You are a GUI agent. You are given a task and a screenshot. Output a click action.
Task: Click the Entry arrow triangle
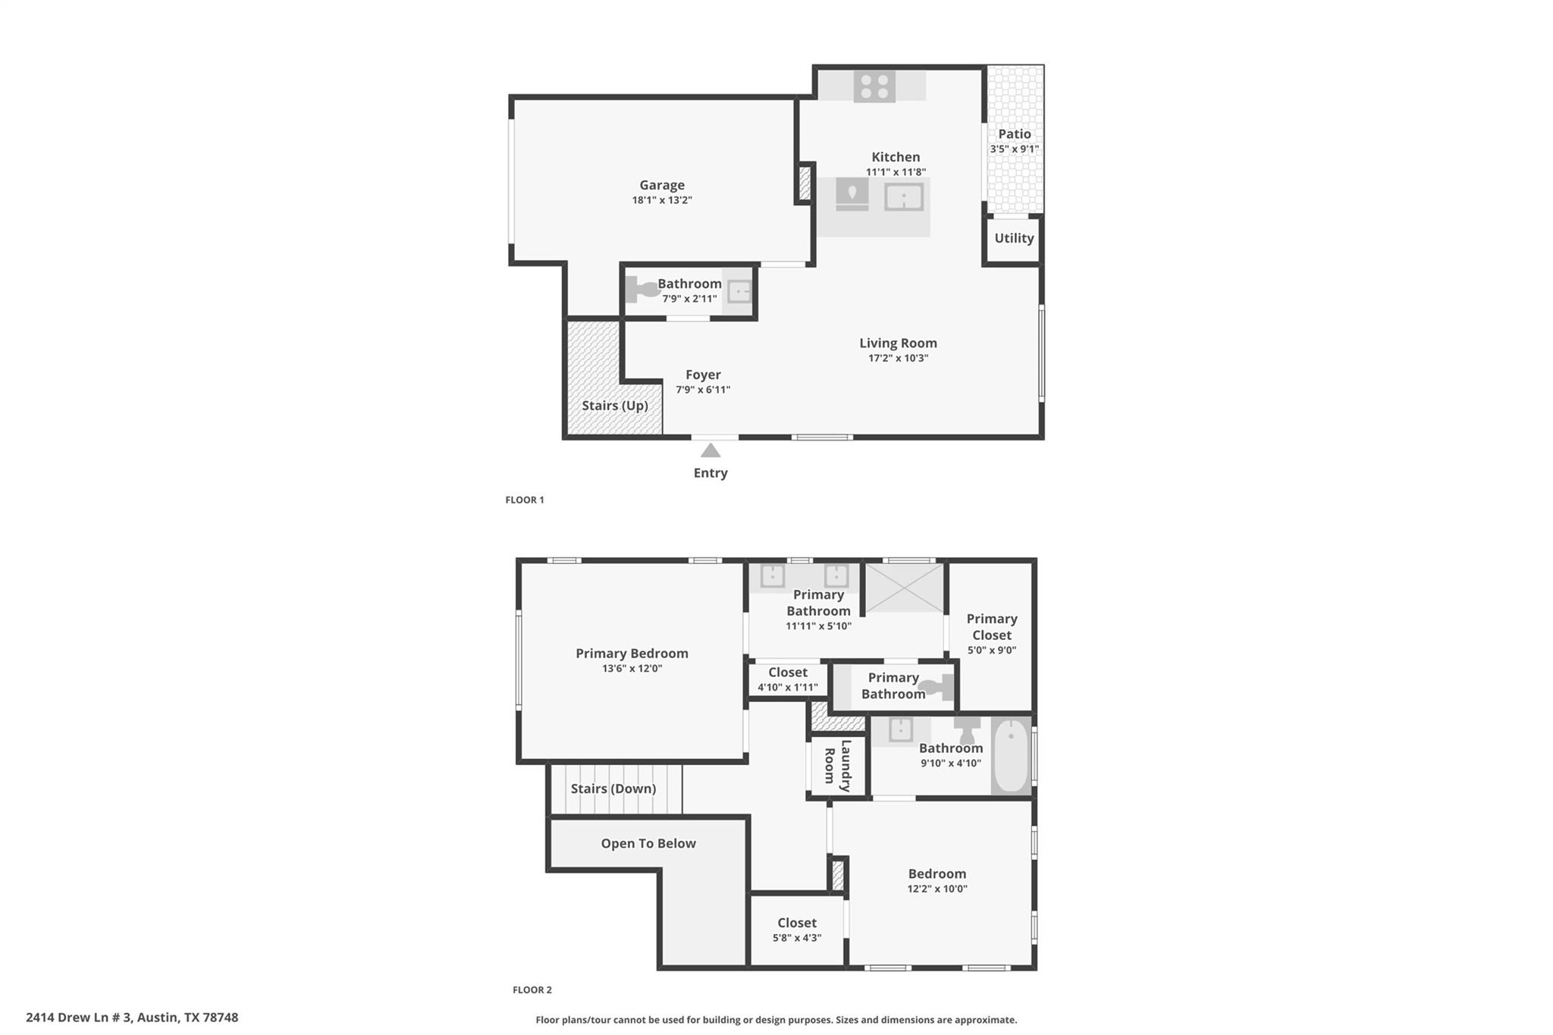[x=710, y=451]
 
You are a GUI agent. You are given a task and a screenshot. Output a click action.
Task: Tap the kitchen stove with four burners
[x=874, y=86]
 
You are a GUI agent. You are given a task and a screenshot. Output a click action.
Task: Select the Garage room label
[x=661, y=185]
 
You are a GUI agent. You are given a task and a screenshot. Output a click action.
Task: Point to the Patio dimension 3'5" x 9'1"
[x=1014, y=149]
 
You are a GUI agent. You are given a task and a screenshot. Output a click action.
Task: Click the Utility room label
[x=1014, y=238]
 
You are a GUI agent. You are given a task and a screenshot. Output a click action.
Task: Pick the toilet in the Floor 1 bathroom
[x=642, y=290]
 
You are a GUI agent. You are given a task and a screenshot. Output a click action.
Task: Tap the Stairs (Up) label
[x=614, y=406]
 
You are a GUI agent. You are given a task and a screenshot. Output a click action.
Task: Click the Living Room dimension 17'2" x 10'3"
[x=898, y=359]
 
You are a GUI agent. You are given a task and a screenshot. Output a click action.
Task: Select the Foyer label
[x=703, y=375]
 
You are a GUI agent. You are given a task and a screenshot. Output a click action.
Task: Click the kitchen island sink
[x=904, y=197]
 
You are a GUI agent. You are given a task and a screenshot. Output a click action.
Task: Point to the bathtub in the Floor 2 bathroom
[x=1010, y=755]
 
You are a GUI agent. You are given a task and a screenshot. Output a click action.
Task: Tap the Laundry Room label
[x=838, y=766]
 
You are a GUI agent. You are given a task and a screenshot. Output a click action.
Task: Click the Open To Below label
[x=648, y=843]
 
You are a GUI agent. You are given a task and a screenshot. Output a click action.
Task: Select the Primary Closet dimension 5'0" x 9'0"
[x=991, y=651]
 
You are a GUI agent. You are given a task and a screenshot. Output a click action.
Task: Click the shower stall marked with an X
[x=905, y=588]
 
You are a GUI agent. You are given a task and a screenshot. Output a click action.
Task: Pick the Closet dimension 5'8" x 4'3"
[x=796, y=938]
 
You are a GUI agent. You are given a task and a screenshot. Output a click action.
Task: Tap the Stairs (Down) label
[x=613, y=789]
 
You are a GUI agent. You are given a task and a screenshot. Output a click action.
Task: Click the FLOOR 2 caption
[x=532, y=990]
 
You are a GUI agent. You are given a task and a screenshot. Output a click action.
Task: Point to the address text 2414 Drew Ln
[x=132, y=1018]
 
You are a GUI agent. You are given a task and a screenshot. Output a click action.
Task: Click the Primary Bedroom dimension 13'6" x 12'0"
[x=632, y=669]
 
